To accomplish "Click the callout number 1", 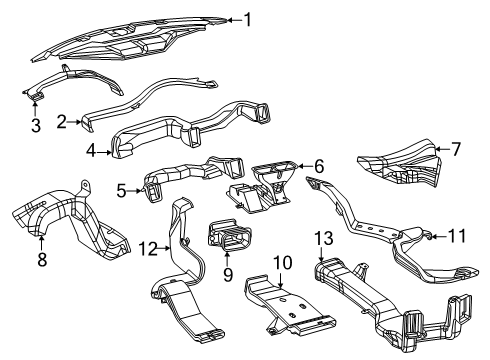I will [248, 19].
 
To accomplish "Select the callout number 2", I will [61, 121].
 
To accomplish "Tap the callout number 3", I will [34, 125].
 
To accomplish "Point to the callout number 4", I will [90, 152].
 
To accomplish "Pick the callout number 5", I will [121, 187].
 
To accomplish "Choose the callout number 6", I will [319, 167].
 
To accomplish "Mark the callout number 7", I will [456, 149].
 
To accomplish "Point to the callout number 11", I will [460, 237].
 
